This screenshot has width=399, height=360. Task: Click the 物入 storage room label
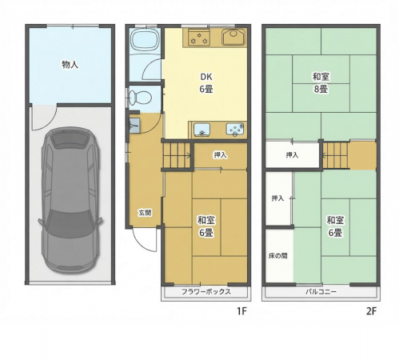pos(70,65)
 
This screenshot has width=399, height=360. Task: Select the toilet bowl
pos(140,97)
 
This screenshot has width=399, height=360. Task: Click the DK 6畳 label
pos(206,83)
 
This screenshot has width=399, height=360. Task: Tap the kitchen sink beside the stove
pos(233,37)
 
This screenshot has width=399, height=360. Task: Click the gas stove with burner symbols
pos(198,38)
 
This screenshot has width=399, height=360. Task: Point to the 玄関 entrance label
pos(145,213)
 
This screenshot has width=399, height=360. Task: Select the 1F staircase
pos(177,155)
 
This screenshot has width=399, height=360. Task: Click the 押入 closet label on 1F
pos(220,155)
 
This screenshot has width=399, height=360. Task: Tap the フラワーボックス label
pos(206,291)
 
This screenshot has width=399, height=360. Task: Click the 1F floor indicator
pos(242,310)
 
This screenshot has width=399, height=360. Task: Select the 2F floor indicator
pos(371,311)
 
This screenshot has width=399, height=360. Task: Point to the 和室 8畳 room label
pos(321,82)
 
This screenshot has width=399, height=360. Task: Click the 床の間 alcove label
pos(278,256)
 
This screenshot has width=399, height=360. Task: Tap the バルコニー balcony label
pos(321,291)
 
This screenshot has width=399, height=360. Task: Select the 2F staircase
pos(336,155)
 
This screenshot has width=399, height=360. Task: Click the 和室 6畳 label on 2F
pos(335,226)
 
